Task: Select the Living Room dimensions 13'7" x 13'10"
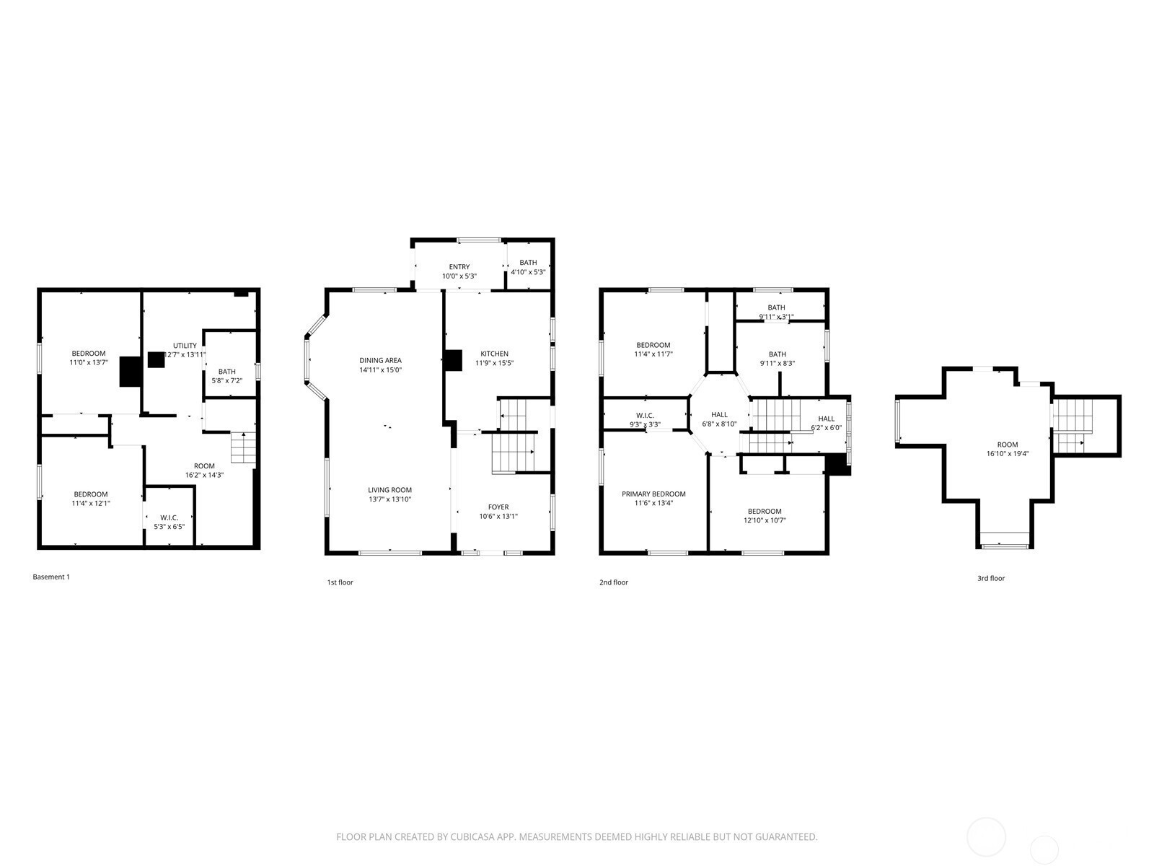pos(389,499)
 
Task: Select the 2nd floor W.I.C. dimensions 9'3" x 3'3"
pos(645,425)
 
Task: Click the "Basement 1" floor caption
pos(51,577)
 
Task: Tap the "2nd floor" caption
pos(614,582)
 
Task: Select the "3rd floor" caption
pos(991,578)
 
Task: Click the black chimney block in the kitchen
pos(453,361)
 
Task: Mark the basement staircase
pos(243,447)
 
